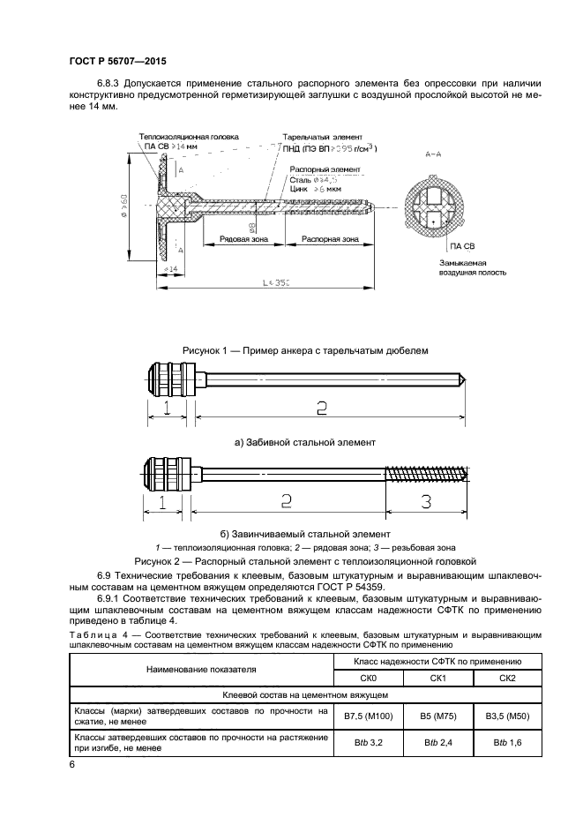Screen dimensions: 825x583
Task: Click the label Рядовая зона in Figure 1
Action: click(x=232, y=238)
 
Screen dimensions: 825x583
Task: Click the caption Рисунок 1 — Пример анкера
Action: click(x=304, y=350)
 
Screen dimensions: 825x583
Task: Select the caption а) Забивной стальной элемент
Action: click(x=304, y=441)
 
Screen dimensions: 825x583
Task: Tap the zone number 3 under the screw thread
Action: click(x=424, y=502)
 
